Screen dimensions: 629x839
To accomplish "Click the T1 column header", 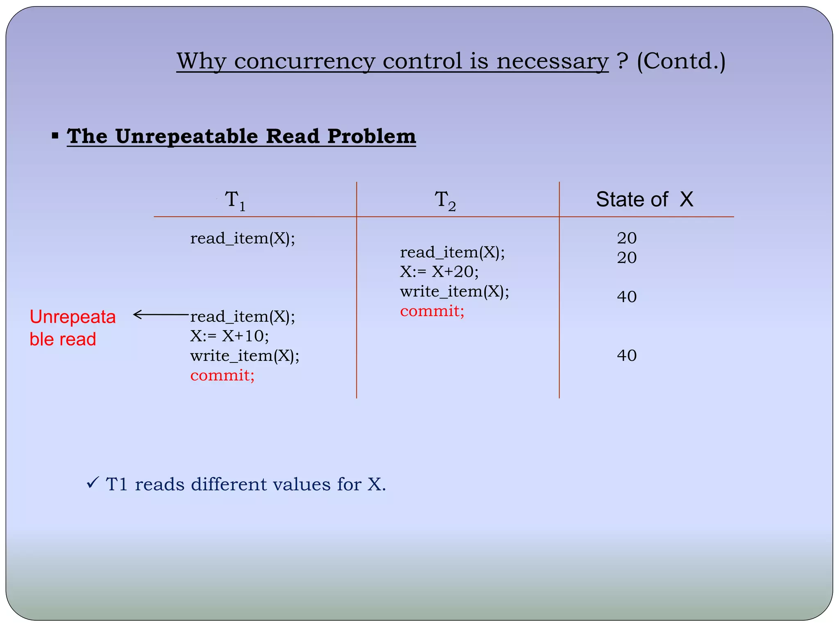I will coord(235,201).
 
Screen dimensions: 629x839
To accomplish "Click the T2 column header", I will coord(445,201).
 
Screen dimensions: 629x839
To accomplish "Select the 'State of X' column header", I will coord(644,200).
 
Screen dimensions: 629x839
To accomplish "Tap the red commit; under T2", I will coord(432,311).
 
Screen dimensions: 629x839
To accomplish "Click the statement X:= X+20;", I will coord(439,272).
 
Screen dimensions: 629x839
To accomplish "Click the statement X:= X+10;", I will coord(229,336).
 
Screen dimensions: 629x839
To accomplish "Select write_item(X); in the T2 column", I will coord(454,292).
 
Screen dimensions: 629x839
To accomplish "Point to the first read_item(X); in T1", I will coord(243,238).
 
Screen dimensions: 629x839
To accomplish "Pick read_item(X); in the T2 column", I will coord(452,252).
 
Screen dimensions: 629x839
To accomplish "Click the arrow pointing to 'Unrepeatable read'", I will coord(161,314).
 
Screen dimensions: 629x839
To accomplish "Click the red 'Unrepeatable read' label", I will coord(73,328).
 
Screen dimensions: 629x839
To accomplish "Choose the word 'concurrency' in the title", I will coord(304,61).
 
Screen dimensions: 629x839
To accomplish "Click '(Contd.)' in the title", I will coord(681,61).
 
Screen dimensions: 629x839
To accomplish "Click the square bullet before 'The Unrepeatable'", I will coord(55,135).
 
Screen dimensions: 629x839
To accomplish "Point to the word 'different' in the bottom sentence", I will coord(229,484).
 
